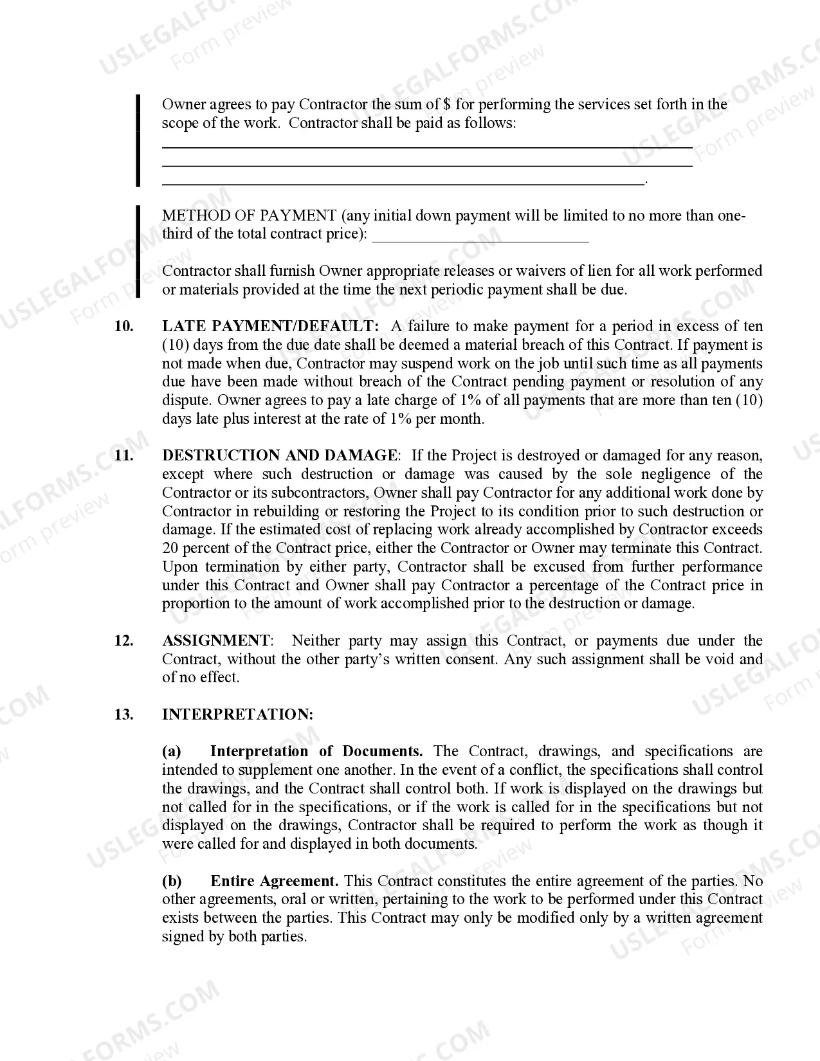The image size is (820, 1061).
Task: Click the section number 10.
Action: coord(123,327)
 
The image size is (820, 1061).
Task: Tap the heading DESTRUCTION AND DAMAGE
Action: coord(280,456)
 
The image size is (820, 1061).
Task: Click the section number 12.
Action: coord(123,641)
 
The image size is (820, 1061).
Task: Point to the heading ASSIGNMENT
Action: coord(216,641)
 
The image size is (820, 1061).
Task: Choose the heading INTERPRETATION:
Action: coord(237,715)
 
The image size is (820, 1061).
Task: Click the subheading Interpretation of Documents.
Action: coord(316,752)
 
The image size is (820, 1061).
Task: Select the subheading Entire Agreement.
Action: coord(275,882)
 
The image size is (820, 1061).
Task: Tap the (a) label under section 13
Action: coord(171,752)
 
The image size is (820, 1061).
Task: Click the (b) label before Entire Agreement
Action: coord(172,882)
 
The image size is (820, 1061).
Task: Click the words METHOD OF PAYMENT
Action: coord(249,216)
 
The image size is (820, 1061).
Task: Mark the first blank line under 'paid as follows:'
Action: coord(426,147)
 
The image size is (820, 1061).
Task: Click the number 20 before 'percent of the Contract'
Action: coord(170,549)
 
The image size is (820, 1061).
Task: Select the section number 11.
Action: coord(123,456)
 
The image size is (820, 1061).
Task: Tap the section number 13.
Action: coord(123,715)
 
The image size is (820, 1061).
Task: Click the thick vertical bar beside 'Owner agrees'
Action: coord(138,140)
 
